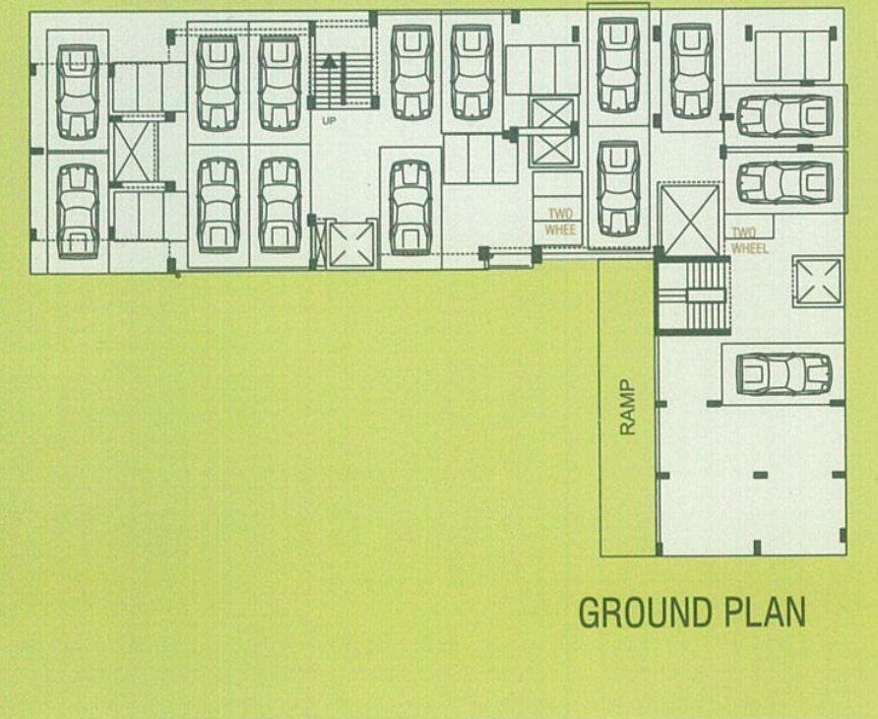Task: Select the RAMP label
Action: tap(628, 405)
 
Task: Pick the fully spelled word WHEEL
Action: tap(750, 248)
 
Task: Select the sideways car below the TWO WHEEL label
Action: tap(784, 372)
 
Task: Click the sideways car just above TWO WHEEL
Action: tap(784, 182)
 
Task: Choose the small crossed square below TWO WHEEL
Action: tap(819, 281)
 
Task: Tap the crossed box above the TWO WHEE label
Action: tap(550, 131)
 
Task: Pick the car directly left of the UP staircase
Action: tap(280, 84)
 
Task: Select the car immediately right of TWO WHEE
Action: tap(618, 189)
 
